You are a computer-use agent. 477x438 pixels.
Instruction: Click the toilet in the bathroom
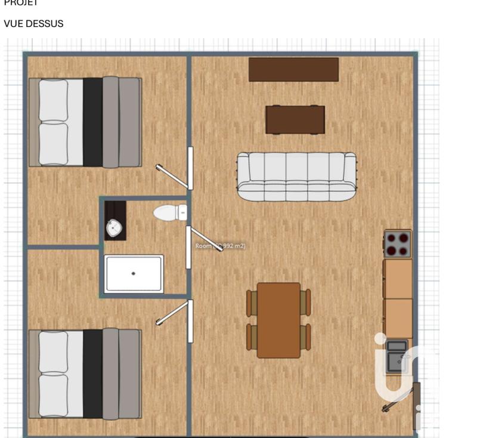pos(170,212)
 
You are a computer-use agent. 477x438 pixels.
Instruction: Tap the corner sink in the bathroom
pos(113,227)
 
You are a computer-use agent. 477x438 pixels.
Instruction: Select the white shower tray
pos(134,274)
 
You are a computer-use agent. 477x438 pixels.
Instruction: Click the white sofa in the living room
pos(296,176)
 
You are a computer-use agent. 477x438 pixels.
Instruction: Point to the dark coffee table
pos(295,119)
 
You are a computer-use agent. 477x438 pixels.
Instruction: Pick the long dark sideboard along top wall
pos(293,69)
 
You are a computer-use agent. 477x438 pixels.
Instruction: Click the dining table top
pos(278,320)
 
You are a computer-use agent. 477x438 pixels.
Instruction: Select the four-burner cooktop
pos(398,243)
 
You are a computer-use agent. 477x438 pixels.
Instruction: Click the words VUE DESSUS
pos(33,24)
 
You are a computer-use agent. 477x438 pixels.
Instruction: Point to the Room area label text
pos(221,246)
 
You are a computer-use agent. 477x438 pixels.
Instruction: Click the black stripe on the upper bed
pos(92,122)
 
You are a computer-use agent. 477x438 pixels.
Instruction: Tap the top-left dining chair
pos(252,303)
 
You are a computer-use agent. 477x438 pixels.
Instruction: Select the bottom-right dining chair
pos(305,337)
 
